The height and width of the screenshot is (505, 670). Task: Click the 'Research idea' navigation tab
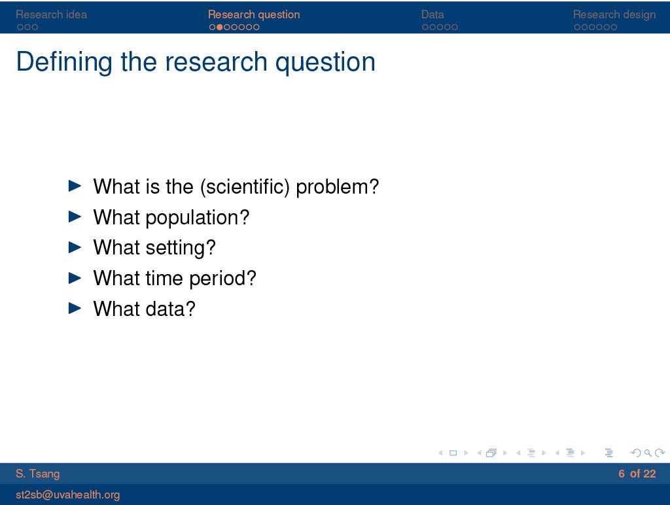[x=51, y=14]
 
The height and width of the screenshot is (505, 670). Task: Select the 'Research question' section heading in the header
[x=254, y=14]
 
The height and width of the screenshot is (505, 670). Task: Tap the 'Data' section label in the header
[x=432, y=14]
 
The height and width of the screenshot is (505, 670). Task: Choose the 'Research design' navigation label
[x=614, y=14]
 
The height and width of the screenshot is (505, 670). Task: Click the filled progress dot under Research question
[x=220, y=27]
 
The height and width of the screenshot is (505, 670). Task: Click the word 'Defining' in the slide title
[x=64, y=62]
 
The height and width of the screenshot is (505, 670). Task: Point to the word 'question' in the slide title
[x=325, y=63]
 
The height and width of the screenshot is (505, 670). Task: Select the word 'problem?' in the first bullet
[x=337, y=187]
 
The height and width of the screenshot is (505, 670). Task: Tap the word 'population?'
[x=198, y=218]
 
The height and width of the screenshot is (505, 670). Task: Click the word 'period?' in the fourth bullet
[x=222, y=279]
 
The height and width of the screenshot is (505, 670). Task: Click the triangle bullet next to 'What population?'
[x=75, y=217]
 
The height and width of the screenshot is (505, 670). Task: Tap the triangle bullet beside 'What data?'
[x=75, y=308]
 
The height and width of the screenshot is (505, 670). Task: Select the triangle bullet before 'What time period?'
[x=75, y=278]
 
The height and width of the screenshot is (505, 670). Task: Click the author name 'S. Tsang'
[x=37, y=474]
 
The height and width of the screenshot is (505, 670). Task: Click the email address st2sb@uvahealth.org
[x=67, y=495]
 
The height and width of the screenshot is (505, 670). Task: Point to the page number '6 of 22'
[x=637, y=474]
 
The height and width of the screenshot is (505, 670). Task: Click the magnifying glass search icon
[x=648, y=453]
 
